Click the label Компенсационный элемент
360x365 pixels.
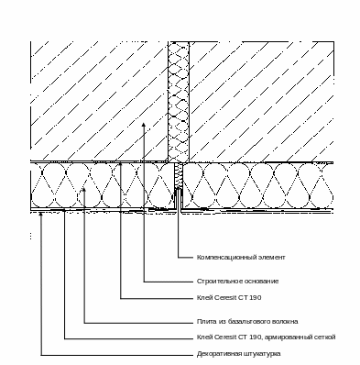(241, 258)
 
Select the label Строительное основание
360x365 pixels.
(237, 282)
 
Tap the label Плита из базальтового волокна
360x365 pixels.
(247, 322)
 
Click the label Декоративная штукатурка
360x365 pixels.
(238, 354)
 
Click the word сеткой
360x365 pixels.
(323, 337)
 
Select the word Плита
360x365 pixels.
(206, 322)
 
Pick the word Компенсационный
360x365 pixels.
(228, 258)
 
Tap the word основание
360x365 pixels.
(262, 282)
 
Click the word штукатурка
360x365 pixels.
(262, 354)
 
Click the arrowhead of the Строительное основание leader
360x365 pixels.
(144, 125)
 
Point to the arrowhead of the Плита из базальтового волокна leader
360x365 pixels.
(84, 190)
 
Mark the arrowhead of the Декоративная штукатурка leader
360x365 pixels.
(41, 215)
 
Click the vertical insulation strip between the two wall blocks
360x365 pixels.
(179, 102)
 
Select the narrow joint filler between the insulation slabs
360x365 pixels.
(179, 175)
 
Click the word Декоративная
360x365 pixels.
(219, 354)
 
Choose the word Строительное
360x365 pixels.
(221, 282)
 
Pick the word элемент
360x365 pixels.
(273, 258)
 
